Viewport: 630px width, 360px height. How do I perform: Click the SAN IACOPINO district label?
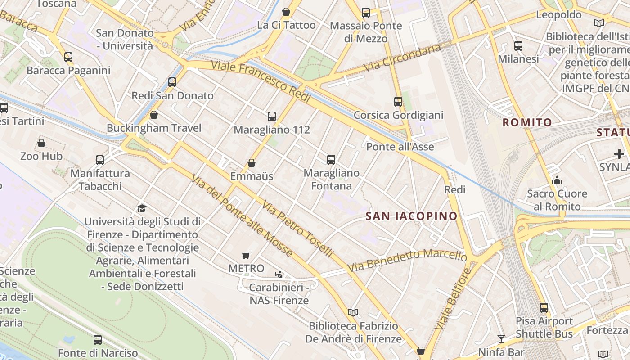click(x=411, y=216)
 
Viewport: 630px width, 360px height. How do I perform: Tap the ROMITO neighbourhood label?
click(x=527, y=122)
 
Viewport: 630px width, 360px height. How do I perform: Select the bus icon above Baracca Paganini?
click(x=68, y=57)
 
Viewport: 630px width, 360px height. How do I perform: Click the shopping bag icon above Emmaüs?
click(x=252, y=163)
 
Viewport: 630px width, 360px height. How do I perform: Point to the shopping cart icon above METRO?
click(x=246, y=256)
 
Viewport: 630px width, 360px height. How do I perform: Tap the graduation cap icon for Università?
click(x=142, y=208)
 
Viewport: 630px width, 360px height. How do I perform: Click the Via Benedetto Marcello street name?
click(x=407, y=261)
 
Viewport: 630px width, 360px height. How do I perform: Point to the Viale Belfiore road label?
click(x=454, y=299)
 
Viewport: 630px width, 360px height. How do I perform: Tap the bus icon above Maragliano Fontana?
click(x=331, y=159)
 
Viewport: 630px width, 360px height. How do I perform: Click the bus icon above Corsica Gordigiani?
click(x=398, y=102)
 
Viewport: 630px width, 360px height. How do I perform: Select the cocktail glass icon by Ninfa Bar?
click(x=501, y=338)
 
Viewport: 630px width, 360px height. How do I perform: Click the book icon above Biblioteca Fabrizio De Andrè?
click(x=353, y=312)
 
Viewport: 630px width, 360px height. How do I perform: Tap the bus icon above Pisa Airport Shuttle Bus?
click(x=544, y=308)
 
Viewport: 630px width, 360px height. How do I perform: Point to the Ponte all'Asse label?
click(x=400, y=147)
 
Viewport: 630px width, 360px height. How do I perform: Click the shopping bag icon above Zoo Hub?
click(x=41, y=143)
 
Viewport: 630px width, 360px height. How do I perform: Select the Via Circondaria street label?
click(x=402, y=58)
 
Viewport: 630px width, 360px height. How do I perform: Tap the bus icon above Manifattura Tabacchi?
click(x=100, y=160)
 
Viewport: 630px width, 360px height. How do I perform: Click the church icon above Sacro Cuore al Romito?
click(x=557, y=180)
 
